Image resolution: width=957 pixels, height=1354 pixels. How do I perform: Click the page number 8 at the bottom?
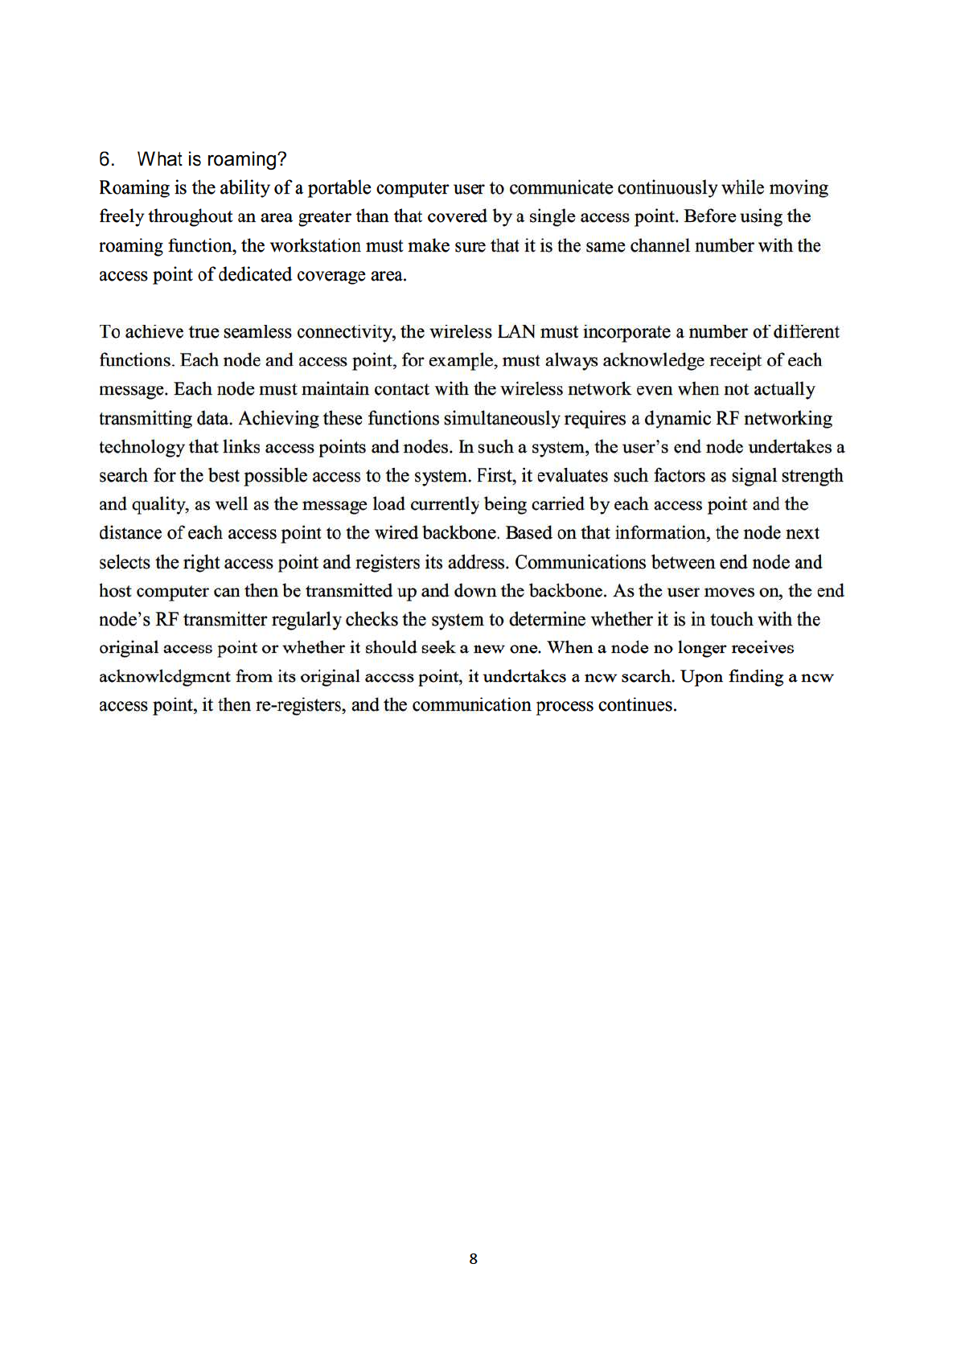point(473,1259)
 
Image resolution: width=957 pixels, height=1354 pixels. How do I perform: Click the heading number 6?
point(106,159)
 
